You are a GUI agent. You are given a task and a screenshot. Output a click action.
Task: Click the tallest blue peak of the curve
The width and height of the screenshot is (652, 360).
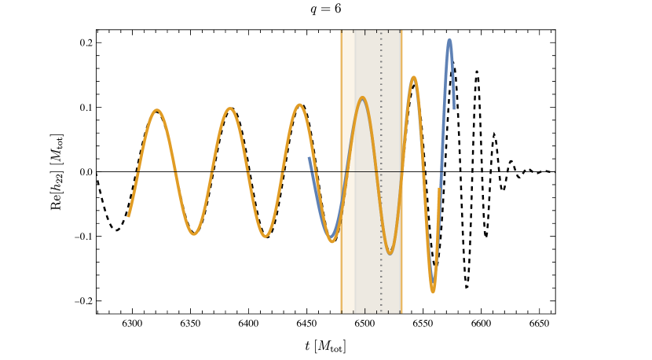pyautogui.click(x=449, y=40)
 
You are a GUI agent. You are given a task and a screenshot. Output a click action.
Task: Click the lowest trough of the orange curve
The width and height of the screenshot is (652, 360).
pyautogui.click(x=432, y=292)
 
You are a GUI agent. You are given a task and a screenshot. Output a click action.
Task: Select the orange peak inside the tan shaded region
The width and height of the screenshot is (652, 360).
pyautogui.click(x=362, y=98)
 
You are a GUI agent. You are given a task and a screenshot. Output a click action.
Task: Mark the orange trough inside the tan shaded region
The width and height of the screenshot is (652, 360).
pyautogui.click(x=390, y=252)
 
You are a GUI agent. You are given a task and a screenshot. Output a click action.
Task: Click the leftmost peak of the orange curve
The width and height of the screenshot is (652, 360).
pyautogui.click(x=158, y=110)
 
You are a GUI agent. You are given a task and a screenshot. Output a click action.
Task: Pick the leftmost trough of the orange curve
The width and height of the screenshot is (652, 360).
pyautogui.click(x=194, y=233)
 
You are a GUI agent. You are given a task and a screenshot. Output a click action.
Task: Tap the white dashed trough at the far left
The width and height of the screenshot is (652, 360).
pyautogui.click(x=116, y=230)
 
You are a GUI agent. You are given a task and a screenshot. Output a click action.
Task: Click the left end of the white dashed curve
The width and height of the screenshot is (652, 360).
pyautogui.click(x=97, y=174)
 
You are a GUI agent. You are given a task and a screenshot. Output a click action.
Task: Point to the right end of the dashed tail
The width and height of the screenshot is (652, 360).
pyautogui.click(x=555, y=172)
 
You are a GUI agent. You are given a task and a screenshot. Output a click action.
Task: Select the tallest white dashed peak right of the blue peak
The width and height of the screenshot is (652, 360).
pyautogui.click(x=477, y=73)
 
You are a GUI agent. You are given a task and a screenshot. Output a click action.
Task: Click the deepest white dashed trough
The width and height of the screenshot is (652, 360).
pyautogui.click(x=467, y=287)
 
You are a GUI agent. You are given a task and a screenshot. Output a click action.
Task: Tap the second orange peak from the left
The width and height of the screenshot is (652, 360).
pyautogui.click(x=229, y=108)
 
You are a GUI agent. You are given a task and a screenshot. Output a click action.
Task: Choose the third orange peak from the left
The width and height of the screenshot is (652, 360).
pyautogui.click(x=299, y=105)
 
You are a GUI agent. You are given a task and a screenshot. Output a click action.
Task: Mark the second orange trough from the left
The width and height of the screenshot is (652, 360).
pyautogui.click(x=266, y=236)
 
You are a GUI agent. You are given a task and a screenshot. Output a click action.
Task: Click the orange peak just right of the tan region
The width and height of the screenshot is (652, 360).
pyautogui.click(x=414, y=77)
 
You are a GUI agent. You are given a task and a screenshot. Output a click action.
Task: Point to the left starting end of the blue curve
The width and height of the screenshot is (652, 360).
pyautogui.click(x=309, y=158)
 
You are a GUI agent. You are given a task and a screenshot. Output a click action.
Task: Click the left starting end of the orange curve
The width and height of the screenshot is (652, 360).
pyautogui.click(x=129, y=215)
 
